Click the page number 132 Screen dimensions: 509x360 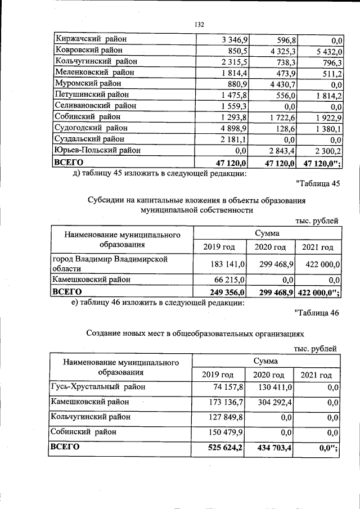(199, 25)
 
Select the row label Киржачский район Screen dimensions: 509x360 (90, 39)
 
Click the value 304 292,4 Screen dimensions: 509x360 (272, 402)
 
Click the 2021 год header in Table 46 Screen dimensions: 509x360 (316, 375)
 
